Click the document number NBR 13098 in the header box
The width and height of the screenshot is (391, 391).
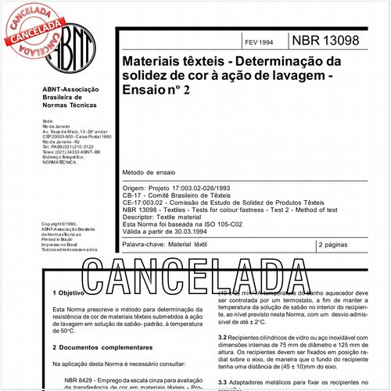335,39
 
